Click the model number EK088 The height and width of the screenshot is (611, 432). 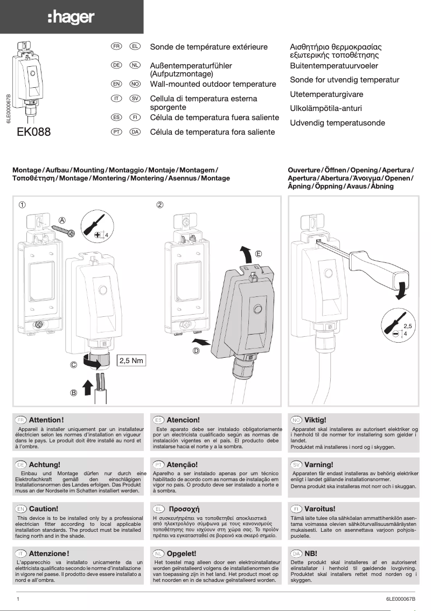pyautogui.click(x=34, y=131)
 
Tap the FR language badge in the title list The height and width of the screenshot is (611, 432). pyautogui.click(x=116, y=47)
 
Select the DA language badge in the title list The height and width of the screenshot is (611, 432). pyautogui.click(x=135, y=132)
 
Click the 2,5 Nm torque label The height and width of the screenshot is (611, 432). pyautogui.click(x=131, y=360)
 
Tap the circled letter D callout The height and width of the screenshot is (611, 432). pyautogui.click(x=196, y=351)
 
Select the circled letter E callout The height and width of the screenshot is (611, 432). pyautogui.click(x=259, y=253)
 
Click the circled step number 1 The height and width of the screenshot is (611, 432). pyautogui.click(x=22, y=205)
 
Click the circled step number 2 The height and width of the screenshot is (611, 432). pyautogui.click(x=159, y=205)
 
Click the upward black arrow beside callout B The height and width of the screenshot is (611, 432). pyautogui.click(x=87, y=386)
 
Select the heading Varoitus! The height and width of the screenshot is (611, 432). pyautogui.click(x=319, y=509)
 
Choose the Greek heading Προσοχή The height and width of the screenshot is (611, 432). pyautogui.click(x=184, y=509)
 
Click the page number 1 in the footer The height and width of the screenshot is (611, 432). pyautogui.click(x=18, y=599)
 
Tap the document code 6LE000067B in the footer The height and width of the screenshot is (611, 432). pyautogui.click(x=401, y=599)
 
